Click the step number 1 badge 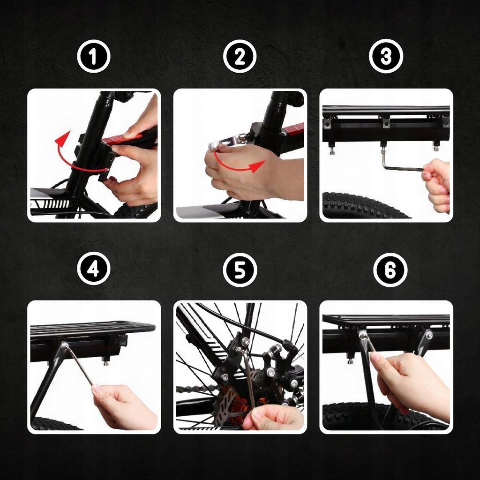click(x=94, y=56)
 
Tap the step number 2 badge click(x=240, y=56)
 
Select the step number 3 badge click(x=386, y=56)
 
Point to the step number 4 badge click(x=94, y=269)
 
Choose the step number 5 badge click(x=240, y=270)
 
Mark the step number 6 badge click(x=390, y=270)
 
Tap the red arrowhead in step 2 click(x=257, y=166)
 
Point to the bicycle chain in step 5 click(x=196, y=391)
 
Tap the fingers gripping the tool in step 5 click(x=270, y=417)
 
